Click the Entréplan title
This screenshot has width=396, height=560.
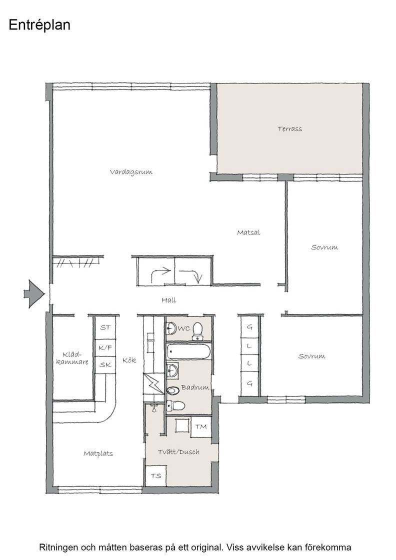39,25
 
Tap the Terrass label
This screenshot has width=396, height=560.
289,129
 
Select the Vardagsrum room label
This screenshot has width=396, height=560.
131,172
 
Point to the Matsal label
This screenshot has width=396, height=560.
248,232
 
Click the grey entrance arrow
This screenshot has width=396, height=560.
34,293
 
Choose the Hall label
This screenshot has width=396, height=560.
169,300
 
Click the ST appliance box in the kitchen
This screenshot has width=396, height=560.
105,327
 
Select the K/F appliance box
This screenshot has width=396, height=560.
105,347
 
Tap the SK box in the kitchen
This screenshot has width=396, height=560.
105,364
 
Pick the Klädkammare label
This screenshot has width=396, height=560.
72,358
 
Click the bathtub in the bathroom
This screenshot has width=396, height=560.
188,352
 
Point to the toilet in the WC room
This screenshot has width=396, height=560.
197,331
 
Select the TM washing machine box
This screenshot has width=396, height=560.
201,427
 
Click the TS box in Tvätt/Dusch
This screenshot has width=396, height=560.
156,475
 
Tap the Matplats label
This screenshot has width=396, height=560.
98,454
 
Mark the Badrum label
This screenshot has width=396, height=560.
195,387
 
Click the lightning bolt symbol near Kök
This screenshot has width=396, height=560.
154,383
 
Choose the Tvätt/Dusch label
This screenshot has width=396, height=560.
178,452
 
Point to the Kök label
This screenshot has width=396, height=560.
129,360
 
